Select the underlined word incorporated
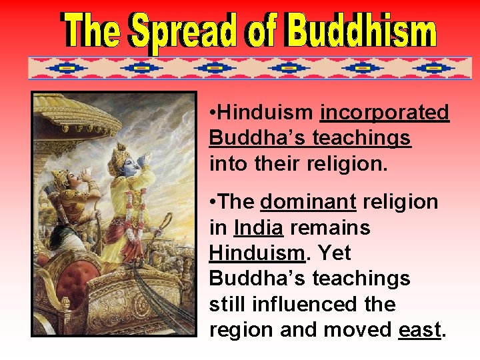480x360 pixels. [x=385, y=113]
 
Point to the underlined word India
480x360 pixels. [x=259, y=228]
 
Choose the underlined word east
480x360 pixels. [x=419, y=329]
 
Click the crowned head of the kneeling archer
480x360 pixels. [x=63, y=177]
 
